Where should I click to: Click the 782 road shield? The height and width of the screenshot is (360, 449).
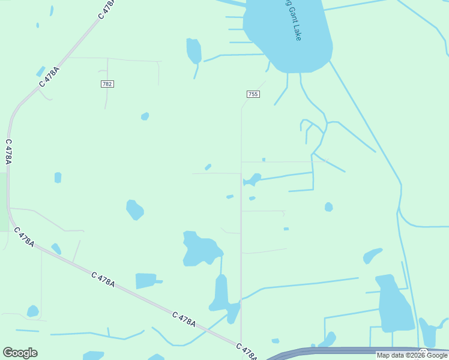tap(107, 84)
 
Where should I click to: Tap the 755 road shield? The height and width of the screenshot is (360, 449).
tap(253, 94)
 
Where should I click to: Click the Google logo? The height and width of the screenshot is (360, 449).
tap(20, 353)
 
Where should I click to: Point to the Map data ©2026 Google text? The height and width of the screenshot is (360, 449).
tap(412, 355)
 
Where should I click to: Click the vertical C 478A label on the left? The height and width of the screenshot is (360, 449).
tap(8, 152)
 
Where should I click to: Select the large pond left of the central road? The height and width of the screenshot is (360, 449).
tap(201, 249)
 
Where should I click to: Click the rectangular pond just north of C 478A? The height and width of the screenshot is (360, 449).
tap(146, 281)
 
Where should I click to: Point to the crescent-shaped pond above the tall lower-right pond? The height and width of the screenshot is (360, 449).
tap(372, 256)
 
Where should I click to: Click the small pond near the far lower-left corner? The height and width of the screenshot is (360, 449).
tap(32, 311)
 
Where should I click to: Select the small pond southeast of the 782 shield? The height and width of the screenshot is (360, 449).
tap(145, 116)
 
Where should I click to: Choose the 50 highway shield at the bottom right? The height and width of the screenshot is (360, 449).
tap(423, 352)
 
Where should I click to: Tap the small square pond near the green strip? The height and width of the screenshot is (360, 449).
tap(58, 178)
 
